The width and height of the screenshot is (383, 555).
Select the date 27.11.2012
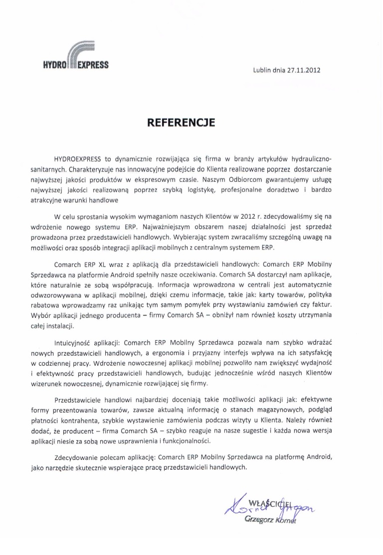[303, 70]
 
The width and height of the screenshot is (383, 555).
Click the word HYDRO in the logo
[54, 65]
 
